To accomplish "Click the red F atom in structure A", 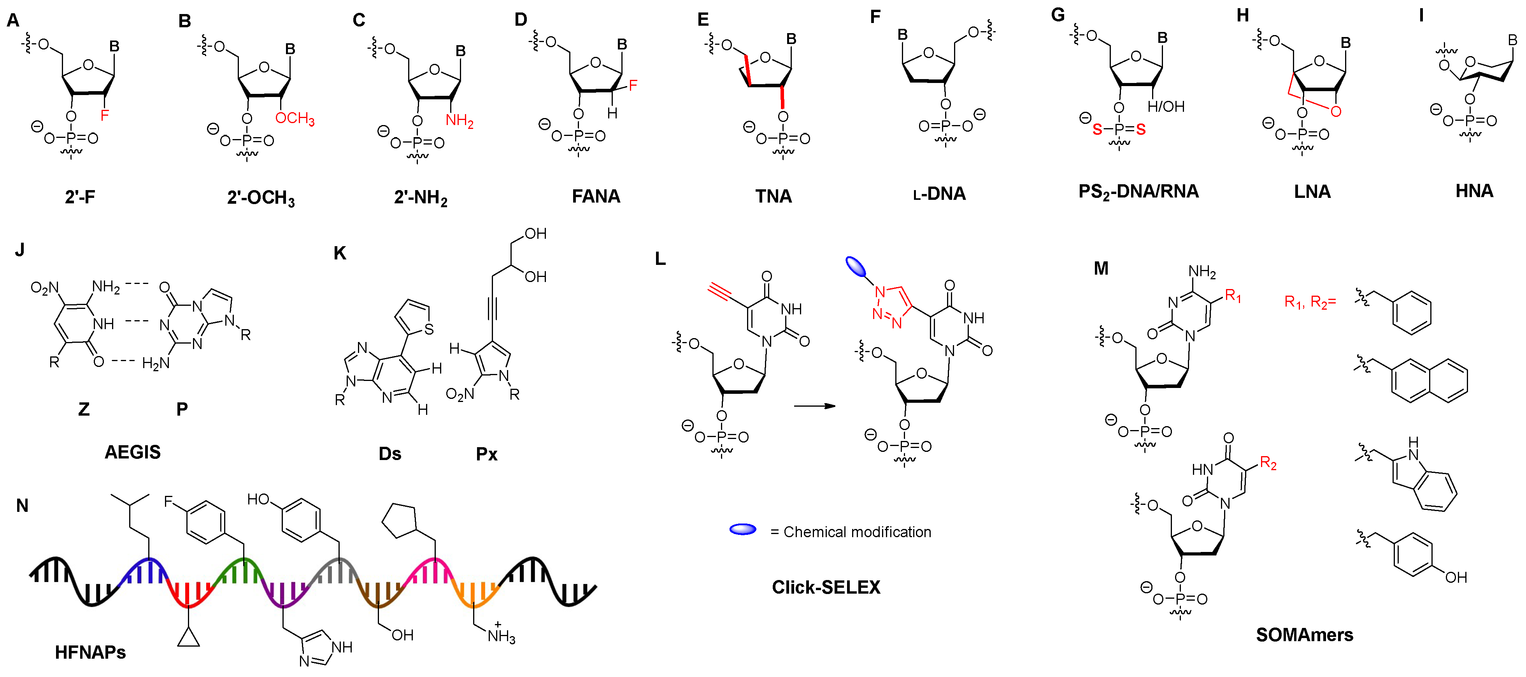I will pyautogui.click(x=105, y=115).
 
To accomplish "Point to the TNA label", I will pyautogui.click(x=773, y=196).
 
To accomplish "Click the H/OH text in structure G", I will pyautogui.click(x=1165, y=107).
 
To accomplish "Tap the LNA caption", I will pyautogui.click(x=1312, y=192).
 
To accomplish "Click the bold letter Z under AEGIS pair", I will pyautogui.click(x=84, y=409).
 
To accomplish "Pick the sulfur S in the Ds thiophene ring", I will pyautogui.click(x=429, y=329).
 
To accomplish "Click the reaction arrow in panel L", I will pyautogui.click(x=814, y=406).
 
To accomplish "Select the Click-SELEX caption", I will pyautogui.click(x=826, y=587).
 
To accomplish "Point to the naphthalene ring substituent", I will pyautogui.click(x=1429, y=380).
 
